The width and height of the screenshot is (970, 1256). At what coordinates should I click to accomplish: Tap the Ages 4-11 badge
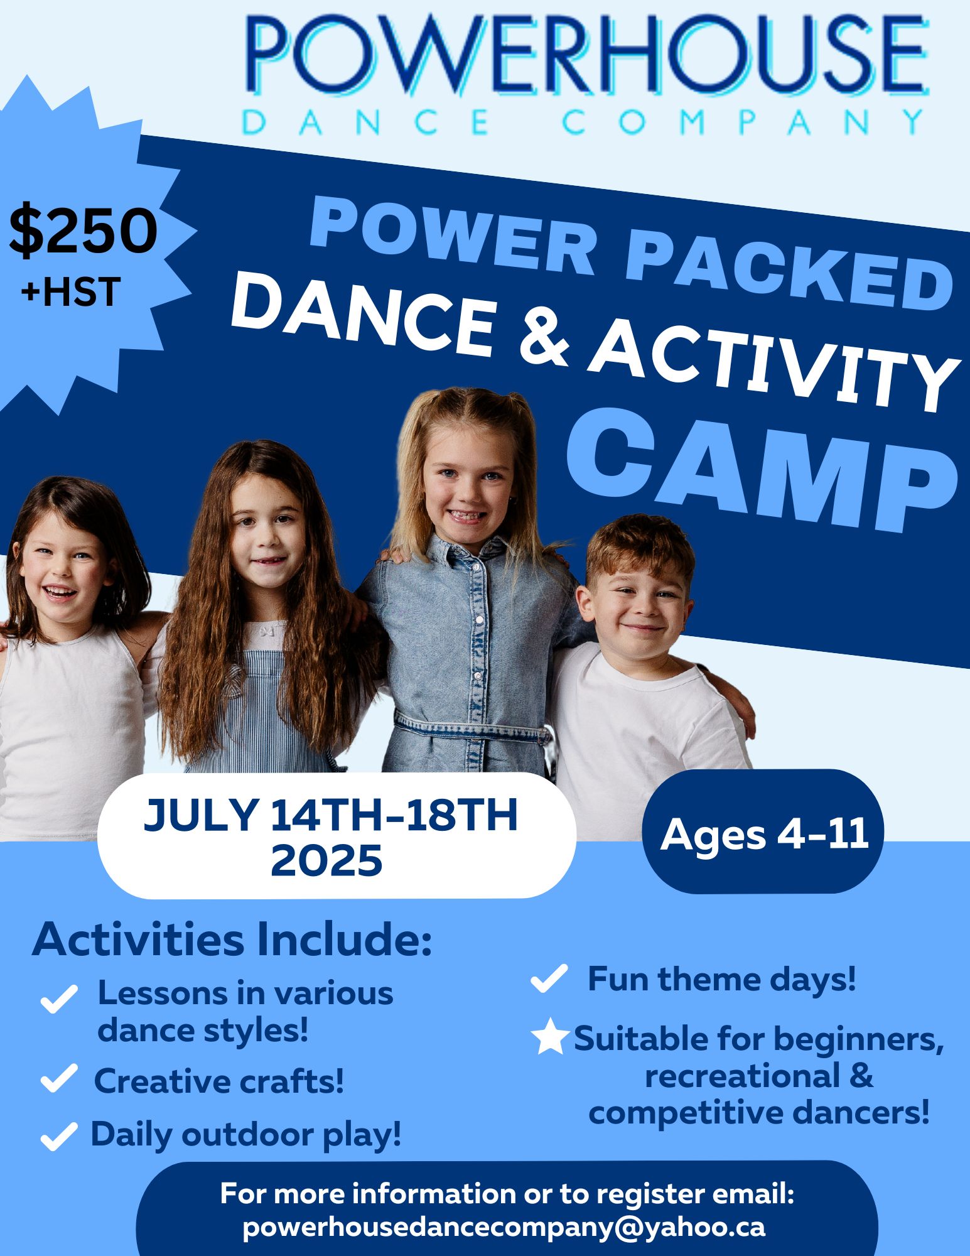[763, 833]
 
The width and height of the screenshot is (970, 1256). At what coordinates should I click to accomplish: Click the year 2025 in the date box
[326, 860]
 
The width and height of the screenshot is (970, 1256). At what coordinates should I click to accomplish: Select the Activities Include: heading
[232, 940]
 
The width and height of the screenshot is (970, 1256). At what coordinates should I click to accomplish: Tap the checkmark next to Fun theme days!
[549, 978]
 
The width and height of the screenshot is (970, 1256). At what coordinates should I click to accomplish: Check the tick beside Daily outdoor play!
[59, 1135]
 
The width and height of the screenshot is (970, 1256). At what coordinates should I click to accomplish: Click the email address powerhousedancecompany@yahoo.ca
[504, 1227]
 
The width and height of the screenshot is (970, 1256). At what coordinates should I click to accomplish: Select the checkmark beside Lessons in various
[59, 999]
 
